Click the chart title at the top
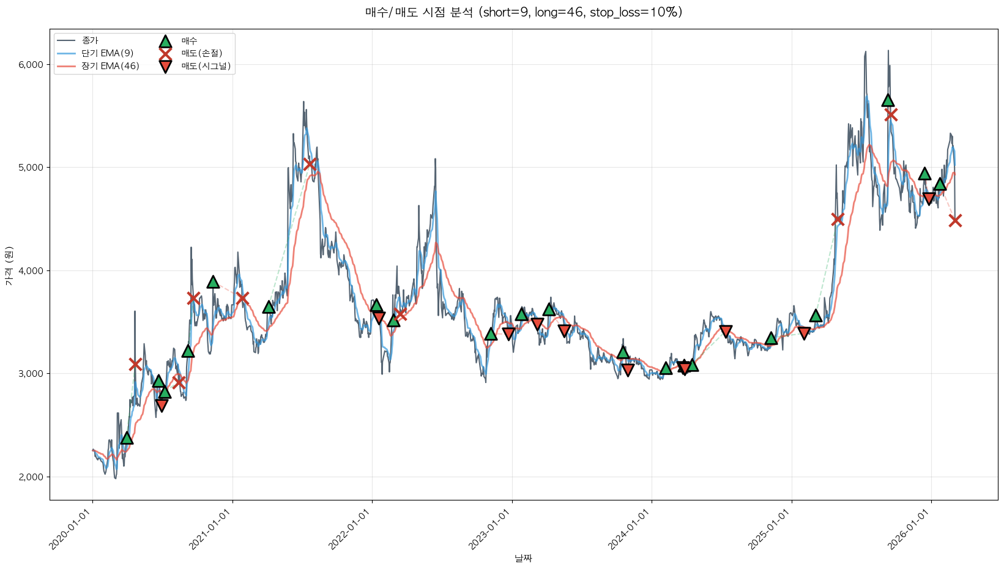point(523,12)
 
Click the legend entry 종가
point(90,40)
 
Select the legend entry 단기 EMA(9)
point(107,53)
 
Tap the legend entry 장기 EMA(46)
point(110,66)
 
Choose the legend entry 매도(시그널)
point(206,66)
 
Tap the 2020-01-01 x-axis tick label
point(72,530)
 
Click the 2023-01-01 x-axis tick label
point(491,530)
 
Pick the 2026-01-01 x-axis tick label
point(910,530)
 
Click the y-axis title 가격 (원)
point(9,266)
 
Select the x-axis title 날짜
point(523,558)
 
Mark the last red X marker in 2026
point(955,221)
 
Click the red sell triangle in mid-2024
point(726,332)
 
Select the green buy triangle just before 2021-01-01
point(213,282)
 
